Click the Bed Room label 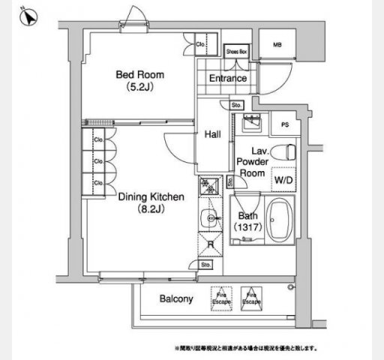pyautogui.click(x=139, y=75)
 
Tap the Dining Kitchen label pyautogui.click(x=151, y=197)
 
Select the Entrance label pyautogui.click(x=228, y=78)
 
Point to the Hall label pyautogui.click(x=212, y=134)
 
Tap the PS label pyautogui.click(x=284, y=125)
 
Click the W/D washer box pyautogui.click(x=283, y=180)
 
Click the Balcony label pyautogui.click(x=177, y=298)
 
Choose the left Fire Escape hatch pyautogui.click(x=222, y=298)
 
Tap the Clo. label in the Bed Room pyautogui.click(x=201, y=45)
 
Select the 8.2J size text pyautogui.click(x=151, y=209)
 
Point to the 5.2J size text pyautogui.click(x=139, y=87)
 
